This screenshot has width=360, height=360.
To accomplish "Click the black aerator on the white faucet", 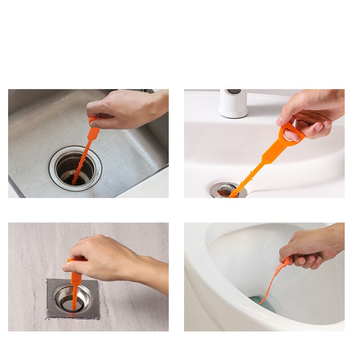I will pos(233,91).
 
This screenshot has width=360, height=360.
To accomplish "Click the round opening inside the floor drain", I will pos(72,303).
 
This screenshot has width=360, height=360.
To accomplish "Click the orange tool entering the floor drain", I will pos(75,283).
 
